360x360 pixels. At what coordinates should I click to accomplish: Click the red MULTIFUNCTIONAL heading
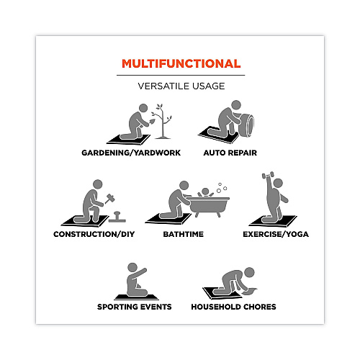coord(181,63)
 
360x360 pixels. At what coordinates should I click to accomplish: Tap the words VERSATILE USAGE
coord(181,86)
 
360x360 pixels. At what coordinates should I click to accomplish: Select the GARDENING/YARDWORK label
coord(131,153)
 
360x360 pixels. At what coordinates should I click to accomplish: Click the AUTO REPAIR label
coord(230,153)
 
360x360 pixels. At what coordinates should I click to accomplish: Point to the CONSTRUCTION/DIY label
coord(94,234)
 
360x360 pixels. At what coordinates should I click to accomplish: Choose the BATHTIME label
coord(184,234)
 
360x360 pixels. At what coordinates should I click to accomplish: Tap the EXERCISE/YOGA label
coord(276,234)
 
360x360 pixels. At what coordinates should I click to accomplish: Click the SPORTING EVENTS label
coord(135,307)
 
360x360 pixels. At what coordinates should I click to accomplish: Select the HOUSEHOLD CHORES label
coord(233,307)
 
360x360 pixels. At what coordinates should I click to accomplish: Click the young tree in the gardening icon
coord(163,122)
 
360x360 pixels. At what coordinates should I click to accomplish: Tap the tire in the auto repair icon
coord(246,125)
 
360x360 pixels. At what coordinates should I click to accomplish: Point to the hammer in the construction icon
coord(109,199)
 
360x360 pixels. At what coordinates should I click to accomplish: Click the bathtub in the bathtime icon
coord(210,206)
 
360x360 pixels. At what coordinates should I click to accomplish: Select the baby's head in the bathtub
coord(205,192)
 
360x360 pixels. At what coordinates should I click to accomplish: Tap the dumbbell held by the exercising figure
coord(268,175)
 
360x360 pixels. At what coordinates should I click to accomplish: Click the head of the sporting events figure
coord(132,267)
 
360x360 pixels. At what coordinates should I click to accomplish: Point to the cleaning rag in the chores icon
coord(250,292)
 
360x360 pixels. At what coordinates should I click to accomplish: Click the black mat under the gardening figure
coord(128,140)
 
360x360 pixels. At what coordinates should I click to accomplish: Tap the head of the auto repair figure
coord(236,105)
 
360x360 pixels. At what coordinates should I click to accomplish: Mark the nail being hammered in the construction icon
coord(117,217)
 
